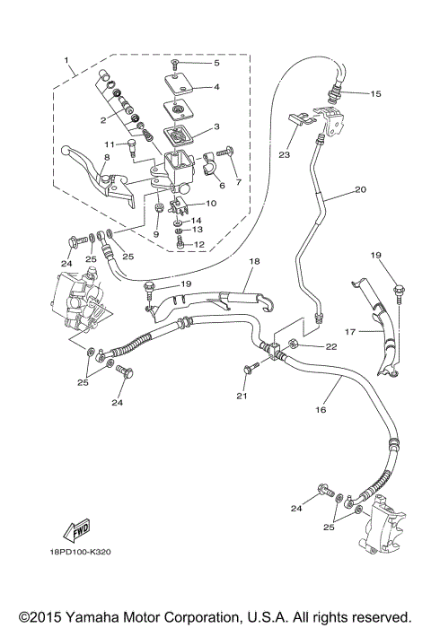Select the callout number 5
tap(215, 63)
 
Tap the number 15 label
tap(374, 93)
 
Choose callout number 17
tap(352, 332)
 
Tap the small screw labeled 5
tap(178, 65)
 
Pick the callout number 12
tap(199, 244)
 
